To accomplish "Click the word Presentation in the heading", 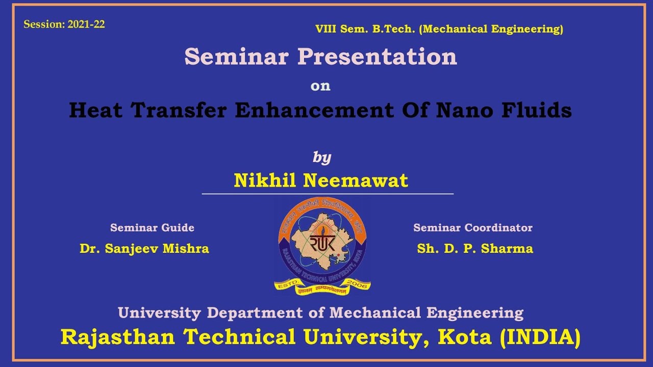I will point(377,57).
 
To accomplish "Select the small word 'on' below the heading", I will point(320,86).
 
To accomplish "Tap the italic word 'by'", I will point(322,158).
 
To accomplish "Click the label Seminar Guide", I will point(152,228).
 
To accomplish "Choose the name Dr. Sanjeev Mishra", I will point(144,249).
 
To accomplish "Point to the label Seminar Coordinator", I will point(472,228).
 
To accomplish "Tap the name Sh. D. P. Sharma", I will point(475,249).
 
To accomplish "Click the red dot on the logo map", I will point(338,254).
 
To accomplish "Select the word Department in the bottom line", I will point(254,312).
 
